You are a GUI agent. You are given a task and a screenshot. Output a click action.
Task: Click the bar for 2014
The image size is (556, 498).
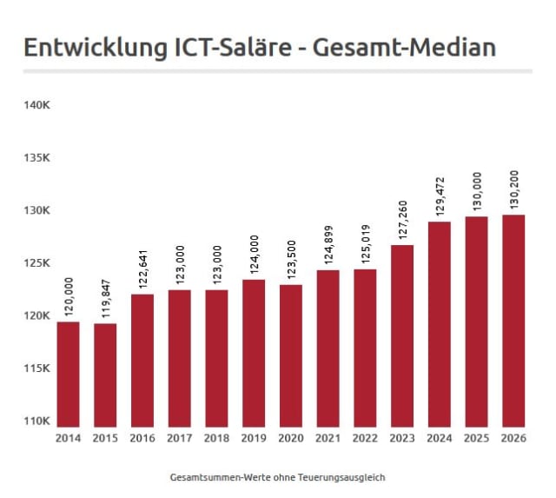click(x=68, y=375)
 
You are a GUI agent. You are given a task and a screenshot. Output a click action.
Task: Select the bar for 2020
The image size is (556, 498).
click(x=291, y=355)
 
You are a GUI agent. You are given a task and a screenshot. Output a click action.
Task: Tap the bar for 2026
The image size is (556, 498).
click(x=513, y=321)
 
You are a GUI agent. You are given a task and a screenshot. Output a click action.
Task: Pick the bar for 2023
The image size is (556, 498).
click(x=402, y=335)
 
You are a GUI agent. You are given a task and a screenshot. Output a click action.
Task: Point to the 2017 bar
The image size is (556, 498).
click(x=180, y=358)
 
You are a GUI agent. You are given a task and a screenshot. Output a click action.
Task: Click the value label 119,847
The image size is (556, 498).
click(x=106, y=298)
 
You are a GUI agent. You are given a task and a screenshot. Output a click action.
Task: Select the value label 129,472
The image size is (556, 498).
click(x=440, y=196)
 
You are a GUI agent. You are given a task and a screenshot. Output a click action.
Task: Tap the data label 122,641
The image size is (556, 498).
click(x=142, y=269)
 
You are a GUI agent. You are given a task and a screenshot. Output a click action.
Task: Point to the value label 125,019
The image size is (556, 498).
click(x=366, y=243)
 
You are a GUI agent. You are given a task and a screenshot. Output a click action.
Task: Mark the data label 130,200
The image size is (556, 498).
click(x=514, y=189)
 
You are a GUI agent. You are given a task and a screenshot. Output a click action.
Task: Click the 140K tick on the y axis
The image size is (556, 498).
click(x=36, y=105)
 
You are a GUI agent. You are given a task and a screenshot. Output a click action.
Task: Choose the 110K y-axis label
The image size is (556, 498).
click(x=36, y=421)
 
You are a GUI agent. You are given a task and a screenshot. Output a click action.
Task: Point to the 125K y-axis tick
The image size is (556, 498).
click(x=36, y=262)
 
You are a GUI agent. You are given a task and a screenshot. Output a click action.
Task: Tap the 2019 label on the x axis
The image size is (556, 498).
click(x=254, y=438)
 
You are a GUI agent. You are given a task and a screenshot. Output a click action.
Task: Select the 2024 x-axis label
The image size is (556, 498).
click(x=440, y=438)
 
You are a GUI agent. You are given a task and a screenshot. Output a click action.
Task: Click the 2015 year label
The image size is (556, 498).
click(x=105, y=438)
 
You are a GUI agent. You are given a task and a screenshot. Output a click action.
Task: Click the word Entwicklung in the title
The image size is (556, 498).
click(x=96, y=49)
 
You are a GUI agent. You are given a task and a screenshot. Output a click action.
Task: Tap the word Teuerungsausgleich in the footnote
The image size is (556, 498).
click(x=341, y=477)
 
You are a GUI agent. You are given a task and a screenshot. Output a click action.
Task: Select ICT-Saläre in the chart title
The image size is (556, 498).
click(x=233, y=47)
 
